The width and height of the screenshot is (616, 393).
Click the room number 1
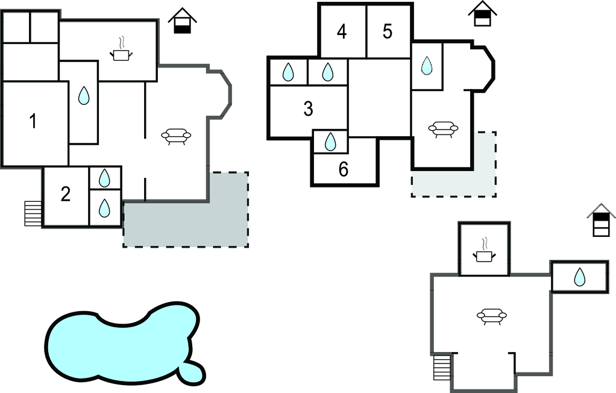pyautogui.click(x=33, y=121)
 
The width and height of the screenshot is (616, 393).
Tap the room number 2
pyautogui.click(x=66, y=194)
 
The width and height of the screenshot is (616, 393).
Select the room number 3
pyautogui.click(x=309, y=108)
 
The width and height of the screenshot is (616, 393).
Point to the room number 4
pyautogui.click(x=342, y=32)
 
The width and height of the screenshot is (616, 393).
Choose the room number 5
pyautogui.click(x=388, y=31)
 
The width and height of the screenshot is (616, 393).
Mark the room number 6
pyautogui.click(x=344, y=169)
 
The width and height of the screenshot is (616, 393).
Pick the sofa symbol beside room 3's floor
pyautogui.click(x=443, y=129)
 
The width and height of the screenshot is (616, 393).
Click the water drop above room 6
pyautogui.click(x=331, y=142)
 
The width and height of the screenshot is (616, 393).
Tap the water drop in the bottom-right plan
pyautogui.click(x=579, y=277)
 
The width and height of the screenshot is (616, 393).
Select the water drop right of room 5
pyautogui.click(x=427, y=65)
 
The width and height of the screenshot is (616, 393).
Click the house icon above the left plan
pyautogui.click(x=182, y=20)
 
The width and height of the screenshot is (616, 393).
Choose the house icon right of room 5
pyautogui.click(x=482, y=14)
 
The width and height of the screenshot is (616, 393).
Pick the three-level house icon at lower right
pyautogui.click(x=601, y=220)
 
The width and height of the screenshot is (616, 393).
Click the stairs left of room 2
pyautogui.click(x=33, y=213)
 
